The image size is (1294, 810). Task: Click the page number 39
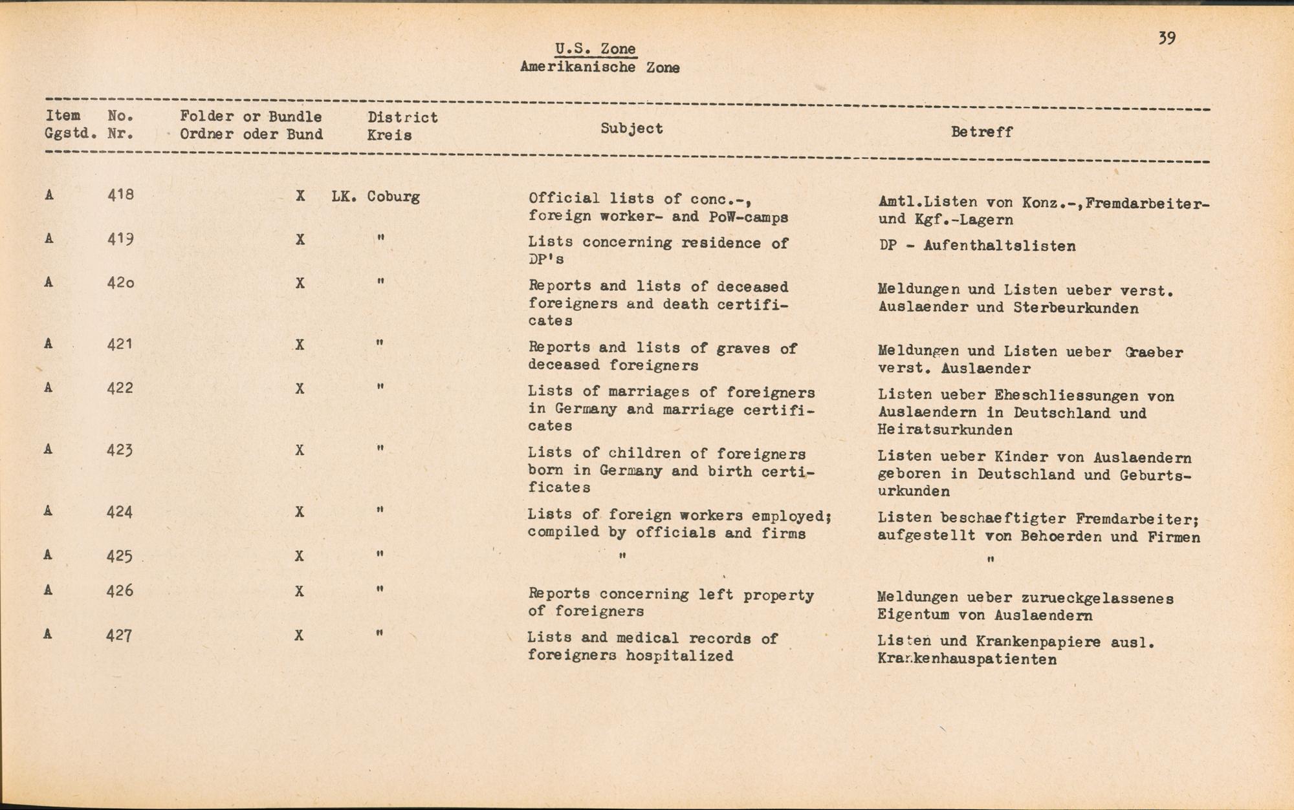click(1167, 38)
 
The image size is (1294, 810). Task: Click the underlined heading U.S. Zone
click(595, 49)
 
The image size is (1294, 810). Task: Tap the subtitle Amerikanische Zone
click(600, 67)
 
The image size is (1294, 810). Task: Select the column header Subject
click(631, 129)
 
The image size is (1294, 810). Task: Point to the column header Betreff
click(981, 132)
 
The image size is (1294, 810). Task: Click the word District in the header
click(402, 118)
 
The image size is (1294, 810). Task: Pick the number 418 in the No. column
click(120, 195)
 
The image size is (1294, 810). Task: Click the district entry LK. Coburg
click(376, 197)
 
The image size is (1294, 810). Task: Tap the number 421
click(120, 344)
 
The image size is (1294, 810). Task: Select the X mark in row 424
click(299, 512)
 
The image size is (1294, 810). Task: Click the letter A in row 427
click(48, 634)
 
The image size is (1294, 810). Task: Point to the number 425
click(120, 555)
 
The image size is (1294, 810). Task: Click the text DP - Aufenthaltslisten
click(977, 246)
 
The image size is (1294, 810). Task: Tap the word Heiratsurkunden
click(945, 430)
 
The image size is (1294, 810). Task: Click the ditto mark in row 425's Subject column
click(622, 556)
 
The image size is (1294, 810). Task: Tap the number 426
click(120, 590)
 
